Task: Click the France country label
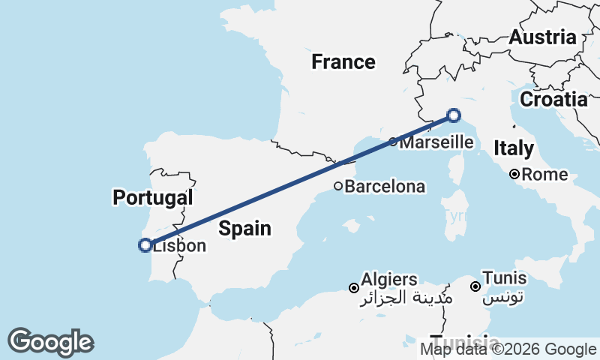(343, 62)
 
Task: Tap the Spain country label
(244, 228)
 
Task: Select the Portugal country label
(153, 198)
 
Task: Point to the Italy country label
(514, 148)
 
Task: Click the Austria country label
(542, 37)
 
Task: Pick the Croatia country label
(553, 99)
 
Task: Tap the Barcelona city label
(385, 187)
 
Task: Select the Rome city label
(544, 175)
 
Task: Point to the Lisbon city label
(180, 246)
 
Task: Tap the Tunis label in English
(504, 278)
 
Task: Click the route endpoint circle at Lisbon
(145, 244)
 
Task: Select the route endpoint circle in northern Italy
(454, 115)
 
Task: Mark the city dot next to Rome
(514, 175)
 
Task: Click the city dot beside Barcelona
(338, 186)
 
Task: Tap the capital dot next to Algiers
(354, 287)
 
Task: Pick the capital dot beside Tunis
(475, 286)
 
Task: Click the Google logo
(50, 342)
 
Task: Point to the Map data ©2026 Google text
(508, 349)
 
